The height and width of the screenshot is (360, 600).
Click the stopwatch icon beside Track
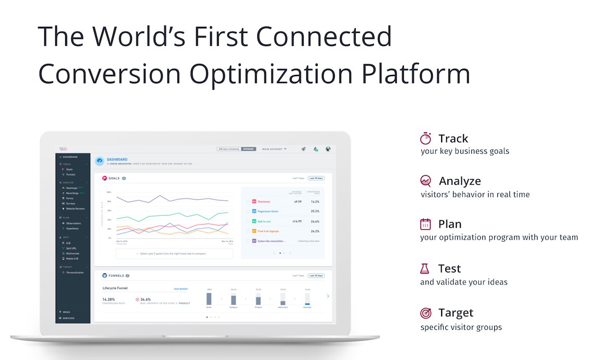pos(426,139)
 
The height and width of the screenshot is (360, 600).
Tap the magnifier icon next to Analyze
pos(426,181)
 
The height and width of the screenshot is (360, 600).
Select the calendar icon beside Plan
pos(426,224)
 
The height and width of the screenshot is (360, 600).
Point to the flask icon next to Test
pos(425,269)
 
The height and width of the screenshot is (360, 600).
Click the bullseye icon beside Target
pos(426,313)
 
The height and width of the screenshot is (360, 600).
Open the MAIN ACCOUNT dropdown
pos(274,149)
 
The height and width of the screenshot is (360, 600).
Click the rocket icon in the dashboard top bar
pos(303,149)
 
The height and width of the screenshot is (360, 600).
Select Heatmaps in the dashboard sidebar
pos(72,188)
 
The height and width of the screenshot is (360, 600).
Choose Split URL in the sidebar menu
pos(71,248)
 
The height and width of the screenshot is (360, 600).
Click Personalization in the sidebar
pos(75,272)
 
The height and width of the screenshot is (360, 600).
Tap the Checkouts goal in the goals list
pos(264,201)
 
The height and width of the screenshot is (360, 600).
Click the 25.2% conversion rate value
pos(315,211)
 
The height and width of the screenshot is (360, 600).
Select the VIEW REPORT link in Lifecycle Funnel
pos(181,289)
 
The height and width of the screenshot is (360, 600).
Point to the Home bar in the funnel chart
pos(209,299)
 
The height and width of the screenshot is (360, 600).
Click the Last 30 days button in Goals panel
pos(316,178)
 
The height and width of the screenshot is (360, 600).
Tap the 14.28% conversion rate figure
pos(109,300)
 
